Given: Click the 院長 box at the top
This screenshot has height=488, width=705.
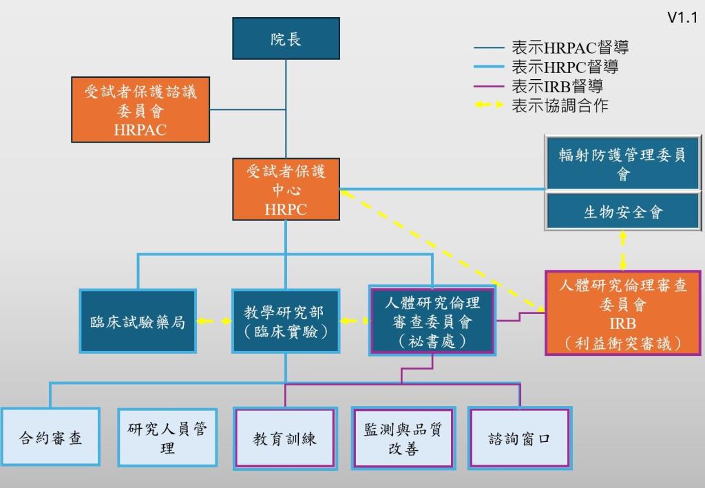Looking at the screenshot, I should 286,40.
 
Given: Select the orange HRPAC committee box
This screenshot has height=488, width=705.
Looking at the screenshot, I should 140,110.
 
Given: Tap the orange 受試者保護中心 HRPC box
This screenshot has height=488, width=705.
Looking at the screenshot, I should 286,190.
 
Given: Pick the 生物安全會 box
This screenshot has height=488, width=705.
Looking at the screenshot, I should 622,212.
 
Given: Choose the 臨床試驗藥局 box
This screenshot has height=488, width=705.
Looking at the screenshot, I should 138,321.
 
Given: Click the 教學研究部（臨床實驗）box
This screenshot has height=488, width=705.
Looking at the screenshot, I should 285,321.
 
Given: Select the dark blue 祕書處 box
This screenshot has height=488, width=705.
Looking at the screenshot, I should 432,321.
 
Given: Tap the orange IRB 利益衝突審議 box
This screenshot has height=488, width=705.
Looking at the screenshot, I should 622,313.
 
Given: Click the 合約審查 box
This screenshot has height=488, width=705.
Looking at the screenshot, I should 50,438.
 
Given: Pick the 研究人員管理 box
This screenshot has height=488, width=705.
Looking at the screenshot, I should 167,438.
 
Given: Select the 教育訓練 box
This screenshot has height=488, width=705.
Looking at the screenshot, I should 285,438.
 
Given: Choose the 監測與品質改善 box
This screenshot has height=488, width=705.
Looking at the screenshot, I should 403,438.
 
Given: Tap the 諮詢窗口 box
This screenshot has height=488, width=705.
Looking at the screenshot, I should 520,438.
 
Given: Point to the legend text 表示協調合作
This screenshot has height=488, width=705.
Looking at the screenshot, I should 560,106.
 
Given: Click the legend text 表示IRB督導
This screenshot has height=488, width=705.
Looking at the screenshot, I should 558,87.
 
